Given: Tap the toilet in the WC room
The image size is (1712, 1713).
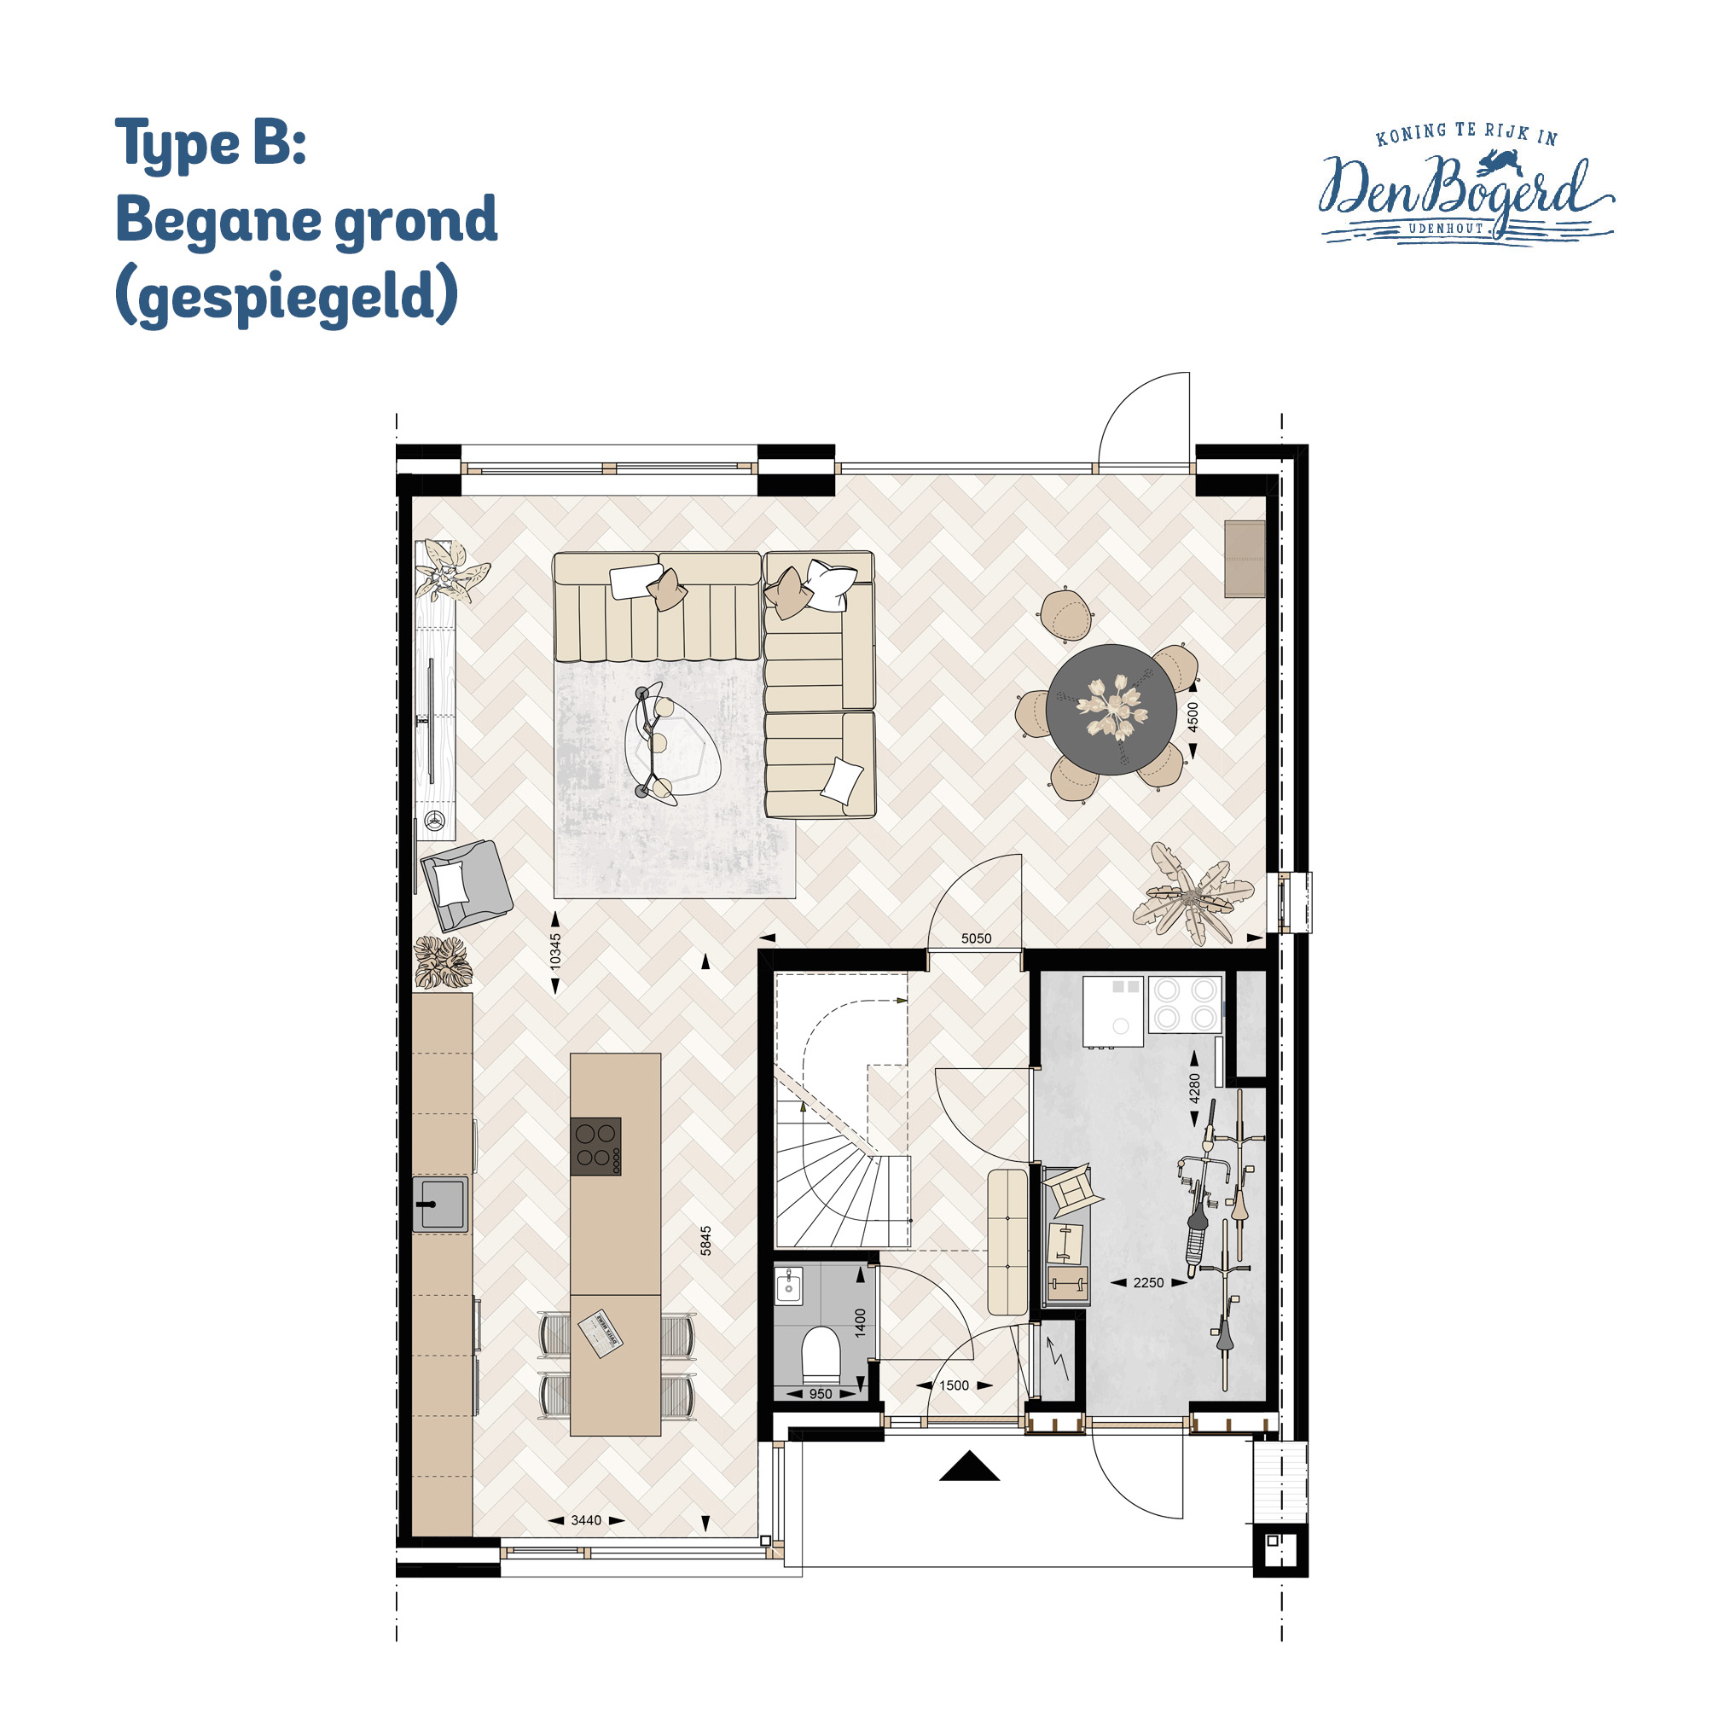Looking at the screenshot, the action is click(x=820, y=1356).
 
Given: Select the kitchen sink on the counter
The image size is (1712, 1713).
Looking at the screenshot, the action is click(x=441, y=1204).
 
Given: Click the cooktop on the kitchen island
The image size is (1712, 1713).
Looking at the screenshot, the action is click(x=595, y=1147).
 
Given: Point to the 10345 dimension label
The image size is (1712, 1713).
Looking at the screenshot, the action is click(x=555, y=950).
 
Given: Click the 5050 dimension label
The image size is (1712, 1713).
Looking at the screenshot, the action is click(x=976, y=938).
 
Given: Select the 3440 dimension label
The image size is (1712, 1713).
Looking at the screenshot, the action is click(x=586, y=1519).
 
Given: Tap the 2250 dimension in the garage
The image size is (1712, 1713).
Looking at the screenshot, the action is click(x=1148, y=1282).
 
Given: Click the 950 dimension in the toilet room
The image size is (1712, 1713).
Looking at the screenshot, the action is click(x=821, y=1394).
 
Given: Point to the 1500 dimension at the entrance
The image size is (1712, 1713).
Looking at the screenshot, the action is click(x=954, y=1385).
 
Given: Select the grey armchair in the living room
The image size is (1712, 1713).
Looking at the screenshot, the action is click(x=467, y=885).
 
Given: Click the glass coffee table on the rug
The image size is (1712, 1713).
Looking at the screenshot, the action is click(x=671, y=745).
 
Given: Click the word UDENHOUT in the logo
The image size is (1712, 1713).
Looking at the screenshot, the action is click(x=1446, y=228).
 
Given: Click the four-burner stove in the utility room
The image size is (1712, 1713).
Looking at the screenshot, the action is click(x=1186, y=1004).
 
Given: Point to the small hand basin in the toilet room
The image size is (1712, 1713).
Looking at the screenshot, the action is click(x=788, y=1285).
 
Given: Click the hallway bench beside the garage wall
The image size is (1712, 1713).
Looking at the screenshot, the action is click(x=1007, y=1242).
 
